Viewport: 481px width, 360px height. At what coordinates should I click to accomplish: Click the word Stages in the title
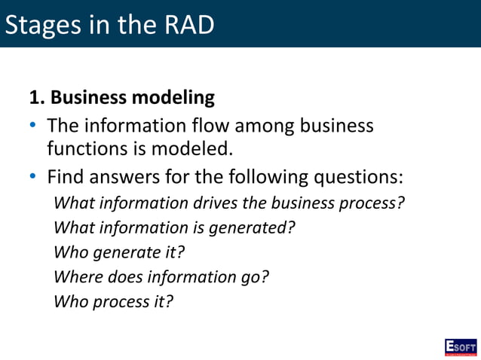44,25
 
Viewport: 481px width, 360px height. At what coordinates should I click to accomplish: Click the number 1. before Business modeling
38,98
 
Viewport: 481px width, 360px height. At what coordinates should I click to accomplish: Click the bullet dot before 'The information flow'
33,125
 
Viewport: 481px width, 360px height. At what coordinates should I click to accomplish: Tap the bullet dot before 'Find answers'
33,178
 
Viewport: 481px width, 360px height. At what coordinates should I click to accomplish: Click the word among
274,125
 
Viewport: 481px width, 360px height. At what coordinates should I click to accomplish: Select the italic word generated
251,228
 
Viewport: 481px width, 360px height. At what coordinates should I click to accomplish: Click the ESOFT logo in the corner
460,346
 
